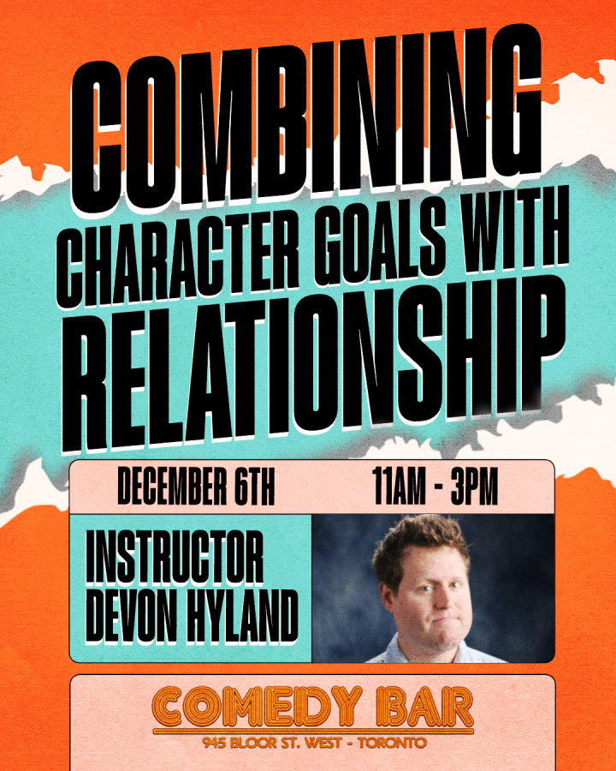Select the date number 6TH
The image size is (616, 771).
point(254,487)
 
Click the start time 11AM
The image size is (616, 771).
point(399,486)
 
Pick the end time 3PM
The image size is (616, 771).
point(475,486)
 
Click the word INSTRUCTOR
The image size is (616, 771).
point(175,557)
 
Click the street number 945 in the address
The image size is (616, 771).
point(215,743)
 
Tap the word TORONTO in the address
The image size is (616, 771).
point(392,743)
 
